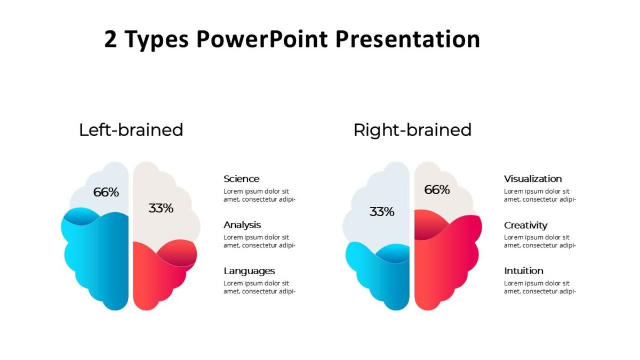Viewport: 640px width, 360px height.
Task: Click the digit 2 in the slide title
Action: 110,40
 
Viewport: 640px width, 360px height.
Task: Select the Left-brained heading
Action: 131,130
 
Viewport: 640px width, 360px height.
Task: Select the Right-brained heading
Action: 412,130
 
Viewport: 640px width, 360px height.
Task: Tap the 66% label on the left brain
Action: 106,193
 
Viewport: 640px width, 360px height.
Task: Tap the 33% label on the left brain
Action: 161,209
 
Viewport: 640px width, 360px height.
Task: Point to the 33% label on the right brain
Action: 381,212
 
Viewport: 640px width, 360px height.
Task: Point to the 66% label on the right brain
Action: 437,189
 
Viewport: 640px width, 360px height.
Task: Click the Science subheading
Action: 241,179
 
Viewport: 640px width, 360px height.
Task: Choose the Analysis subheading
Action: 242,225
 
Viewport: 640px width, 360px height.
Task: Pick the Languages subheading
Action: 249,270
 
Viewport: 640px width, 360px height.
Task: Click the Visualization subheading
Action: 533,179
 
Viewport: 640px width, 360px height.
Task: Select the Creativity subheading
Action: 525,225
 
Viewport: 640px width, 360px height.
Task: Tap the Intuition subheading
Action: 524,270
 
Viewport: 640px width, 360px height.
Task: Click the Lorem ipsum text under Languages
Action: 259,287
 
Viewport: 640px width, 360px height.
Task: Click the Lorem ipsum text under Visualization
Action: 539,195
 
